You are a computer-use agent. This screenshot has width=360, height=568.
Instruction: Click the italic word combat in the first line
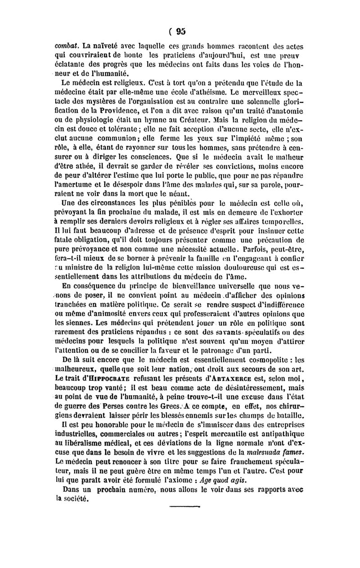coord(65,45)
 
